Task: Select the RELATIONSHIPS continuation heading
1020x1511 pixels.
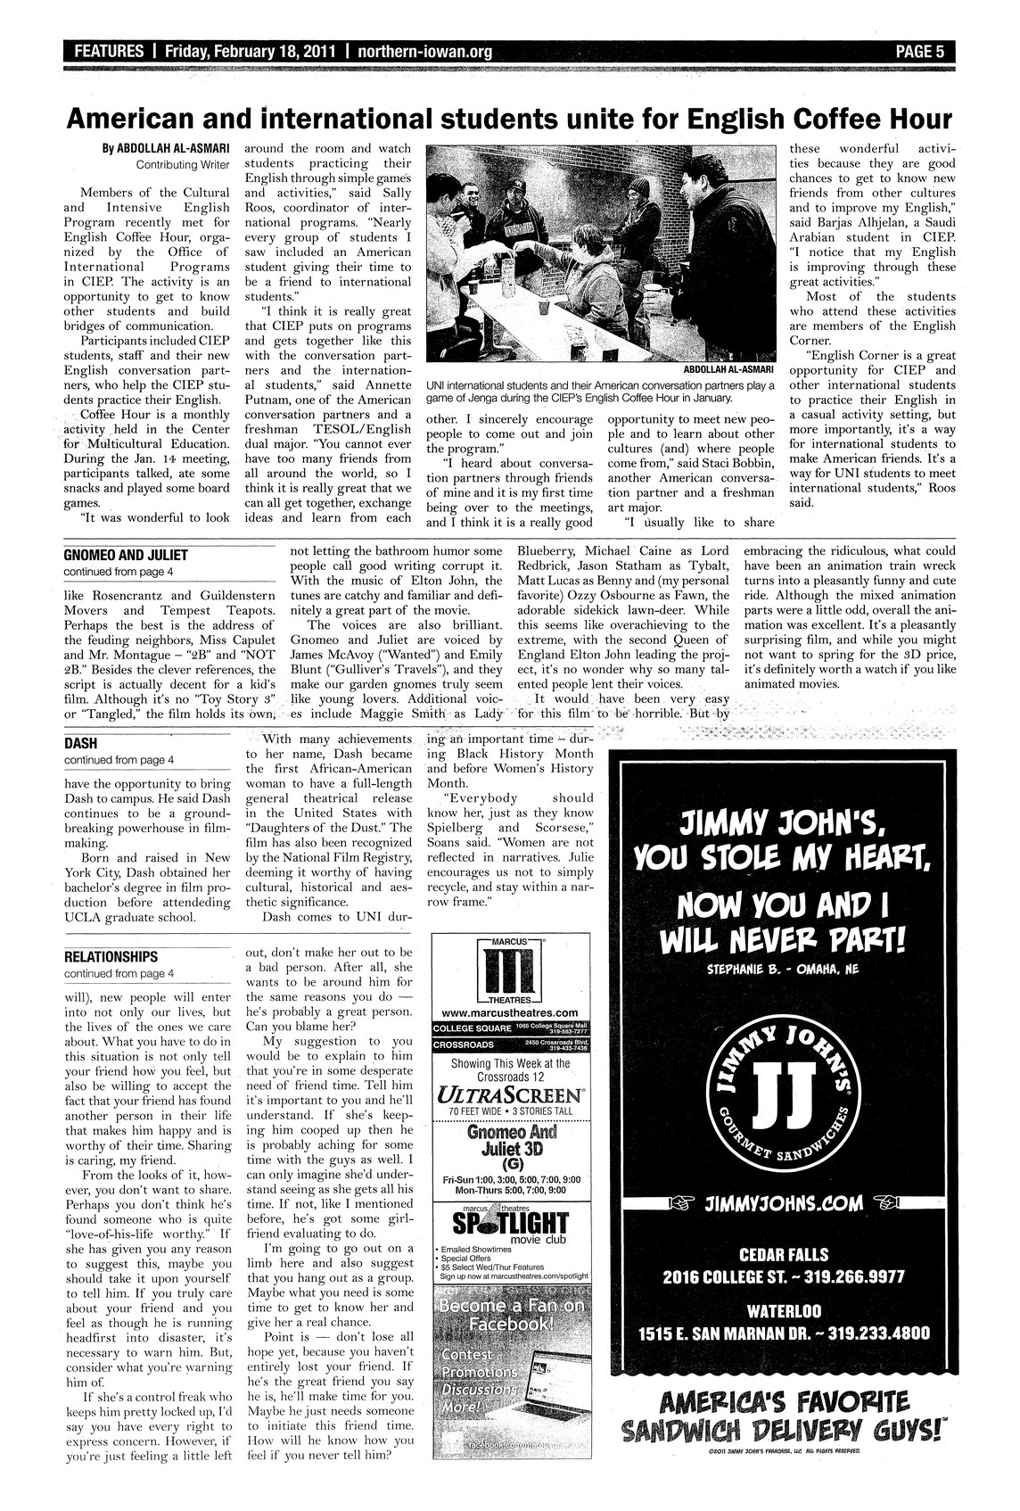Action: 111,957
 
